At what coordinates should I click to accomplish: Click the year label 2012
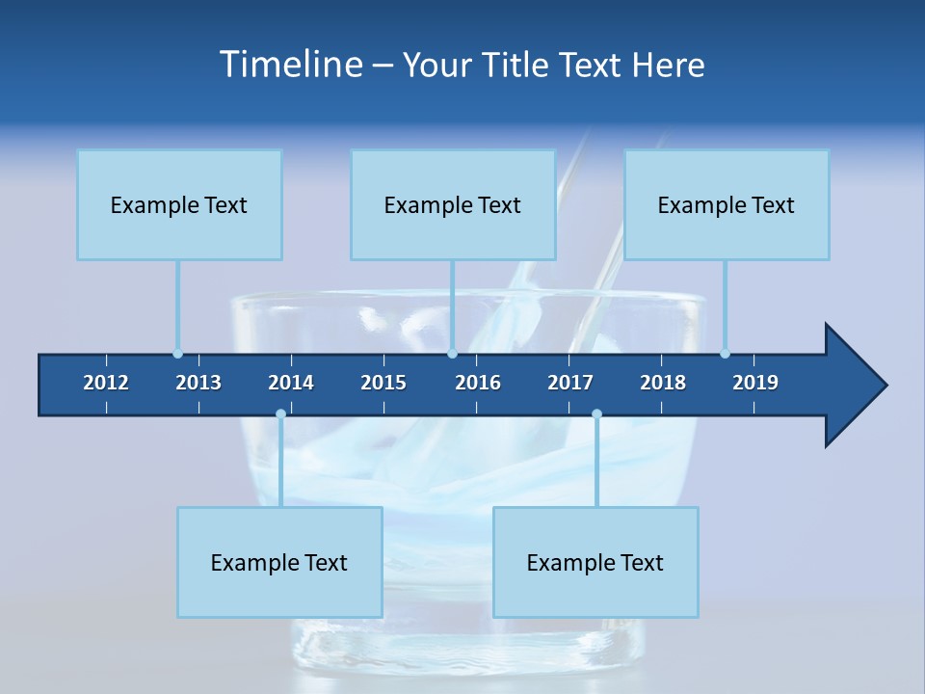106,383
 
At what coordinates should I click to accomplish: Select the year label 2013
198,383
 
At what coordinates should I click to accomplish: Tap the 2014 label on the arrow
291,383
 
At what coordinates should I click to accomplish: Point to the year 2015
383,383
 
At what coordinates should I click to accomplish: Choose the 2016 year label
478,383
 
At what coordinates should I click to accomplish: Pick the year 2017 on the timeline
570,383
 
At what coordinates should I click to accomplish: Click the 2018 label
663,383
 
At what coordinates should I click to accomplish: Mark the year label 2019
755,383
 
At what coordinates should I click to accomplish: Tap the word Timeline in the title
289,65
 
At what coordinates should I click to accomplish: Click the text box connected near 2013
179,204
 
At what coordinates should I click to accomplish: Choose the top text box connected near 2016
453,204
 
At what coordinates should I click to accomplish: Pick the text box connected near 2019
727,204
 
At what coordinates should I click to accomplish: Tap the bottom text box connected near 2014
279,562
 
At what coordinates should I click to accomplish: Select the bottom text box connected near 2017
595,562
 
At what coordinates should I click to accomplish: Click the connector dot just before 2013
177,354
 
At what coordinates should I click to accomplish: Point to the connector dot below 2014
280,414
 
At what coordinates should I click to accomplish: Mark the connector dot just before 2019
725,354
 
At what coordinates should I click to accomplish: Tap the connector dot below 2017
596,414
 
